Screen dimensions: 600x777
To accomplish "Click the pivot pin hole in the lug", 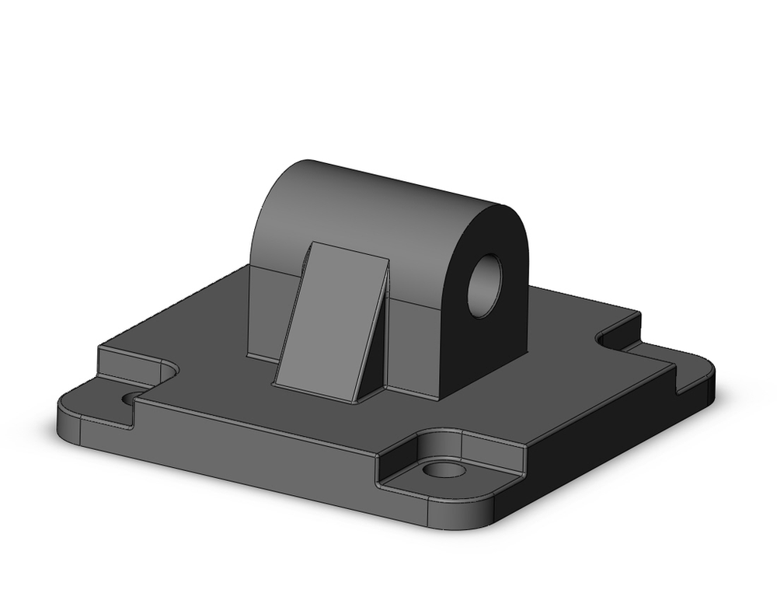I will point(485,284).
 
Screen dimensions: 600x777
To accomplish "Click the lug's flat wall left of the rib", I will point(264,311).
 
